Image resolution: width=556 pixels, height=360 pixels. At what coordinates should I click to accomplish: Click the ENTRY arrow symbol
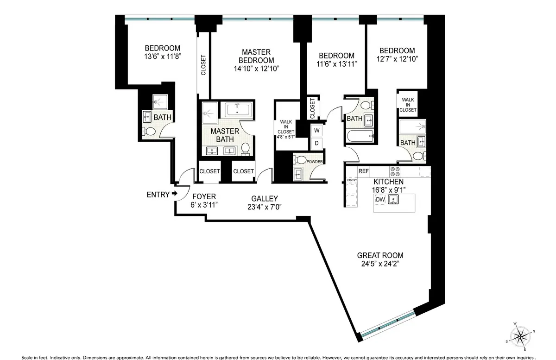pyautogui.click(x=175, y=194)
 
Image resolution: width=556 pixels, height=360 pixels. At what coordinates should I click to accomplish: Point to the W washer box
pyautogui.click(x=317, y=130)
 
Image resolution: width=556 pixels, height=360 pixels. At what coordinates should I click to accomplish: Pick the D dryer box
pyautogui.click(x=317, y=143)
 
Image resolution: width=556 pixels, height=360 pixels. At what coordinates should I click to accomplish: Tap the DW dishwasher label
pyautogui.click(x=380, y=200)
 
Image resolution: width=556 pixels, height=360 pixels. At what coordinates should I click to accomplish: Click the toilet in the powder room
pyautogui.click(x=301, y=160)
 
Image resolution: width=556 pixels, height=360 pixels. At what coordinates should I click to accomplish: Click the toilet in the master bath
pyautogui.click(x=246, y=149)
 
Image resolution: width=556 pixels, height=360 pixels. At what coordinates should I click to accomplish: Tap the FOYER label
pyautogui.click(x=204, y=196)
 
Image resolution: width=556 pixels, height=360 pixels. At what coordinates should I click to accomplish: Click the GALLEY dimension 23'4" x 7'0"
pyautogui.click(x=265, y=207)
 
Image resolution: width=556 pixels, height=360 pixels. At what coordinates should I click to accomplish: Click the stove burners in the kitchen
pyautogui.click(x=395, y=171)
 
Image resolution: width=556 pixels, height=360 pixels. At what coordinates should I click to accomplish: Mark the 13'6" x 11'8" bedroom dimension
pyautogui.click(x=162, y=57)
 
